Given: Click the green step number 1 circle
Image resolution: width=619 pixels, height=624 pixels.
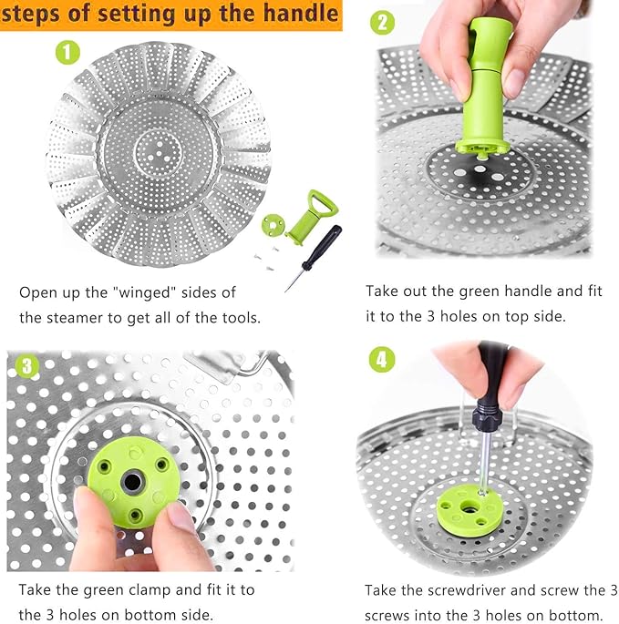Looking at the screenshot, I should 67,51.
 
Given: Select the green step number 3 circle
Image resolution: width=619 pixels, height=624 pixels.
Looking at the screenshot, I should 26,366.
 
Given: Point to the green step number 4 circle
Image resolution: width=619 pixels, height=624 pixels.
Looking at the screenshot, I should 381,359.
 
